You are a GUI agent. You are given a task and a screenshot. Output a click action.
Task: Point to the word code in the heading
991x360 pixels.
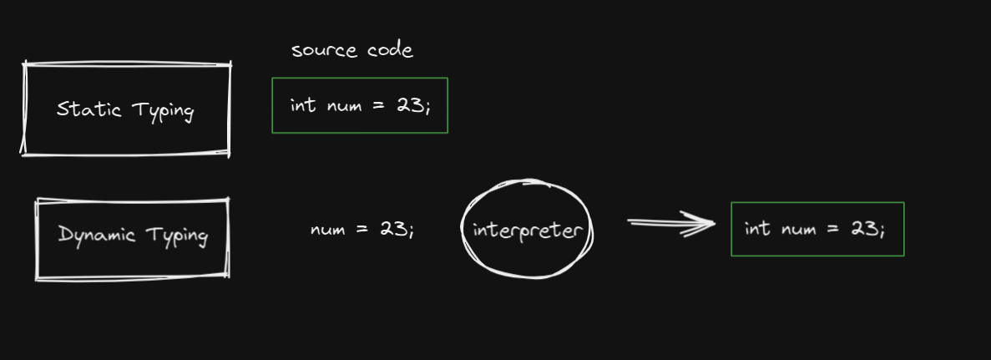point(390,50)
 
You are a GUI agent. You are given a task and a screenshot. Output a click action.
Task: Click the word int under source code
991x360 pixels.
point(302,106)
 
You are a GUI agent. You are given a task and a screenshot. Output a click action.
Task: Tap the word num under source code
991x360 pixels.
point(343,107)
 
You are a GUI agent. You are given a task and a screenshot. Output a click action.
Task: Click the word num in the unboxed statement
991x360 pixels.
point(327,230)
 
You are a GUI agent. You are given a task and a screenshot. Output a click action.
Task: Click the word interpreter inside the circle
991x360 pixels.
point(526,230)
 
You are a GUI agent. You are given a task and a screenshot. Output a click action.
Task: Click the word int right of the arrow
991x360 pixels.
point(757,229)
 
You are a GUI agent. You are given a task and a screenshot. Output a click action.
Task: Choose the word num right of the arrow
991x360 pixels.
point(799,230)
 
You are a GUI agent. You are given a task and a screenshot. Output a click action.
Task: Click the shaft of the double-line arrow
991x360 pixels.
point(656,223)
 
